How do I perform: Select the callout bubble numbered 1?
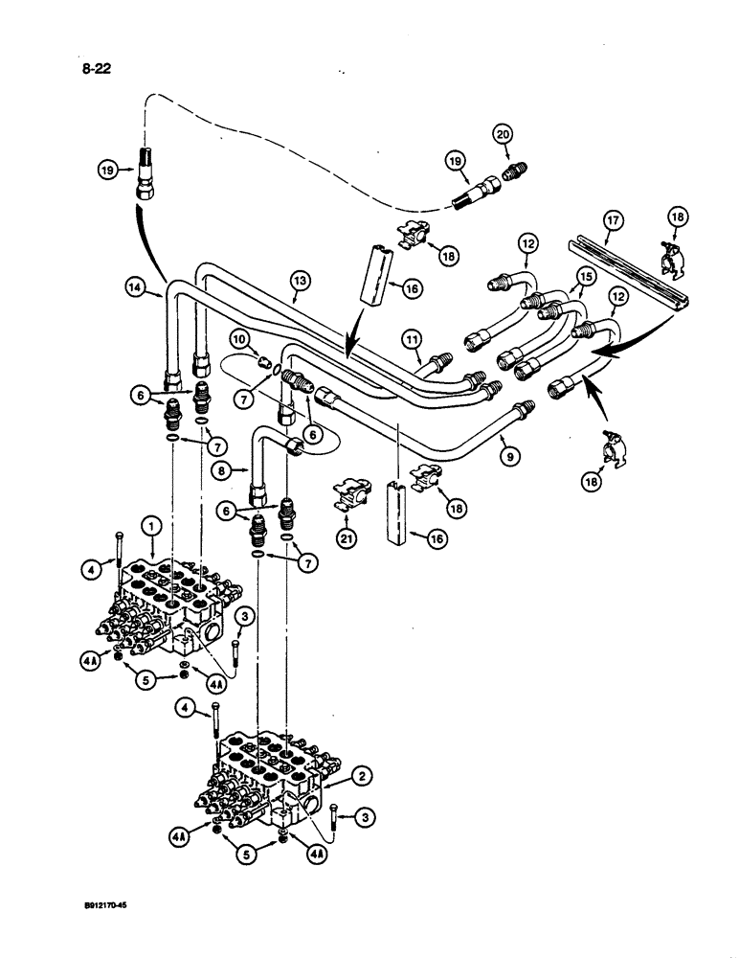click(149, 525)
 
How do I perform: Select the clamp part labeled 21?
click(351, 494)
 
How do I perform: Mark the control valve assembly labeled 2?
click(273, 776)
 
